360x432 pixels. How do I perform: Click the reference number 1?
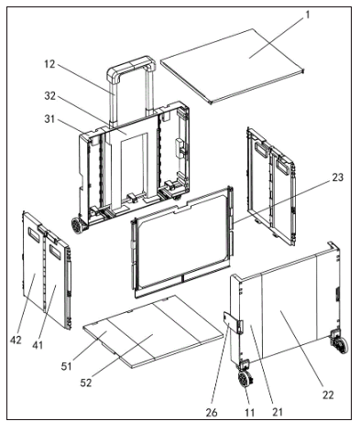(x=308, y=15)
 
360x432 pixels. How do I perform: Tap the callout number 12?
(x=49, y=64)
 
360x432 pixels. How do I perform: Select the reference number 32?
(x=50, y=95)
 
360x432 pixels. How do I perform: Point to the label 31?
(x=49, y=119)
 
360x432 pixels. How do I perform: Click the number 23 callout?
(x=337, y=178)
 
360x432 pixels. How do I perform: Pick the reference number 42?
(x=16, y=340)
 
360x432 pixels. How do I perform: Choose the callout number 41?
(x=38, y=345)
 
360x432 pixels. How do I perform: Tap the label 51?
(x=67, y=366)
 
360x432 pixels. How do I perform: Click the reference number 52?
(x=86, y=383)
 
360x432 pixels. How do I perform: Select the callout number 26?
(x=212, y=413)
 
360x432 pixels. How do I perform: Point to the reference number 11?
(x=250, y=413)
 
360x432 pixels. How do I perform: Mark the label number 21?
(x=278, y=412)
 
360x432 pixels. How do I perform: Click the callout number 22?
(x=328, y=394)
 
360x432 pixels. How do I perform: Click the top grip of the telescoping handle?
(x=131, y=65)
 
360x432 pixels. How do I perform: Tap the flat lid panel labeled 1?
(x=232, y=66)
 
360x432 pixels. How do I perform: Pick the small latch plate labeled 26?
(x=231, y=323)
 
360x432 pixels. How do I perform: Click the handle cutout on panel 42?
(x=34, y=234)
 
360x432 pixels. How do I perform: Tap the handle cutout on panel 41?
(x=55, y=252)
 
